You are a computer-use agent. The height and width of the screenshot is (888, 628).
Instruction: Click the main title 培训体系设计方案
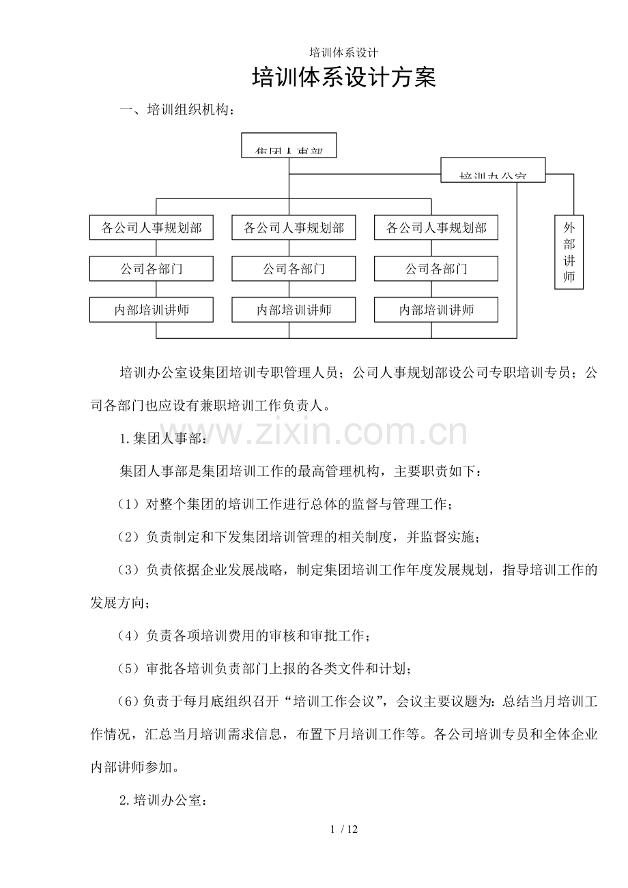pos(344,78)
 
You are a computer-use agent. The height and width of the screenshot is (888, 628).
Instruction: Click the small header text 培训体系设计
pos(344,53)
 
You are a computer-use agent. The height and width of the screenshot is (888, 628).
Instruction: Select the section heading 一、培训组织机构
pos(179,109)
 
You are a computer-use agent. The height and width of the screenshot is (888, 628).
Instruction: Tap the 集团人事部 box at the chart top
pos(289,145)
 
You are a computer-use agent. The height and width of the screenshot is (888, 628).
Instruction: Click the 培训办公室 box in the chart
pos(493,170)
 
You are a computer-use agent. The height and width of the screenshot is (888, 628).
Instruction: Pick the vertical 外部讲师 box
pos(569,252)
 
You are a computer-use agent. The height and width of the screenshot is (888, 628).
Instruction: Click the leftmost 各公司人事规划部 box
pos(152,228)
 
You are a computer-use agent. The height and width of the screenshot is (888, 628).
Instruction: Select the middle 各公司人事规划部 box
pos(294,228)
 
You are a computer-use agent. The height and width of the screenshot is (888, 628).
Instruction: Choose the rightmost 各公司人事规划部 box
pos(436,228)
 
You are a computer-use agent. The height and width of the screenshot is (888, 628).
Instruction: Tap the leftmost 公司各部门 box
pos(152,269)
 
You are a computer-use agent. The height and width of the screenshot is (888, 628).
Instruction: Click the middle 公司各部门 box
pos(294,269)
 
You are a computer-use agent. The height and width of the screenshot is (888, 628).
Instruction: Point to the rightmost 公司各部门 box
pos(436,269)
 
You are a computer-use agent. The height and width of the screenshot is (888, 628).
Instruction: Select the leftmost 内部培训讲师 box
pos(152,310)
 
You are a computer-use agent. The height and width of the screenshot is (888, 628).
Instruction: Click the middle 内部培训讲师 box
pos(294,310)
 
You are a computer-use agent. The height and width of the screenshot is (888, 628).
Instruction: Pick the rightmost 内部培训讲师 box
pos(436,310)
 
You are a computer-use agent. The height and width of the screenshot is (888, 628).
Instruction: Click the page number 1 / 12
pos(344,829)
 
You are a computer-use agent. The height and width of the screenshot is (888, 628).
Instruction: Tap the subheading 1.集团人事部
pos(161,439)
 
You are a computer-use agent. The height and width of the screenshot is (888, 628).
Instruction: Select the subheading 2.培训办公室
pos(161,800)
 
